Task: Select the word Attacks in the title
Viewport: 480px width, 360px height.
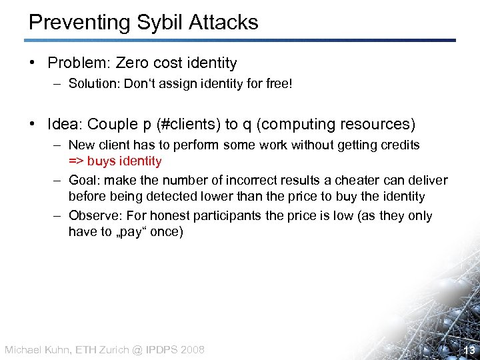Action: coord(223,22)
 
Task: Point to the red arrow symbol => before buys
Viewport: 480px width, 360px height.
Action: coord(76,161)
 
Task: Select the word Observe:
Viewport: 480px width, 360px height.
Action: coord(93,216)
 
